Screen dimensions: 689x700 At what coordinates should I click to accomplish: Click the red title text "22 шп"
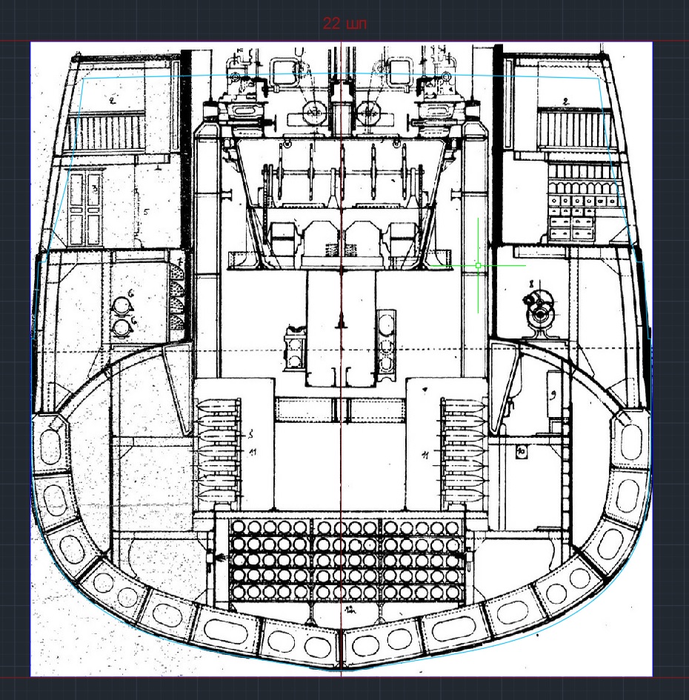point(344,24)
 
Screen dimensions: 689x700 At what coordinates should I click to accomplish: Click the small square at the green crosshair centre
point(479,265)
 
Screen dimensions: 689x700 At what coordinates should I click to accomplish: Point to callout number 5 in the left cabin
point(146,213)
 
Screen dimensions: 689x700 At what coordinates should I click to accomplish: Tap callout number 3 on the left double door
point(96,190)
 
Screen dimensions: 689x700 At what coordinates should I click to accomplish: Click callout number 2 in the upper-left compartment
point(113,99)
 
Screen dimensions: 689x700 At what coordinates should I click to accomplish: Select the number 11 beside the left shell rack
point(252,451)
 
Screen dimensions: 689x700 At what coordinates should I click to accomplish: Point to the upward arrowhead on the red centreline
point(341,319)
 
